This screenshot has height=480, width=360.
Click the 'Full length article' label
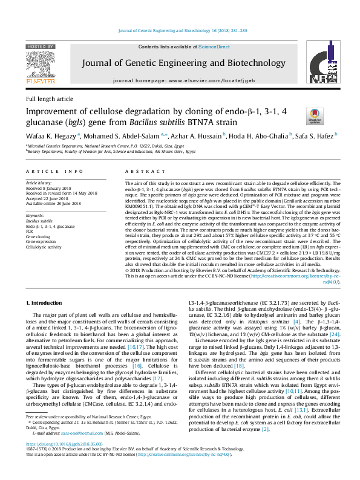(x=49, y=99)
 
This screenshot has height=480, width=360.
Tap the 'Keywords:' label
(x=36, y=216)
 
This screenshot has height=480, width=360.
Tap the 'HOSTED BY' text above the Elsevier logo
(x=42, y=46)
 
